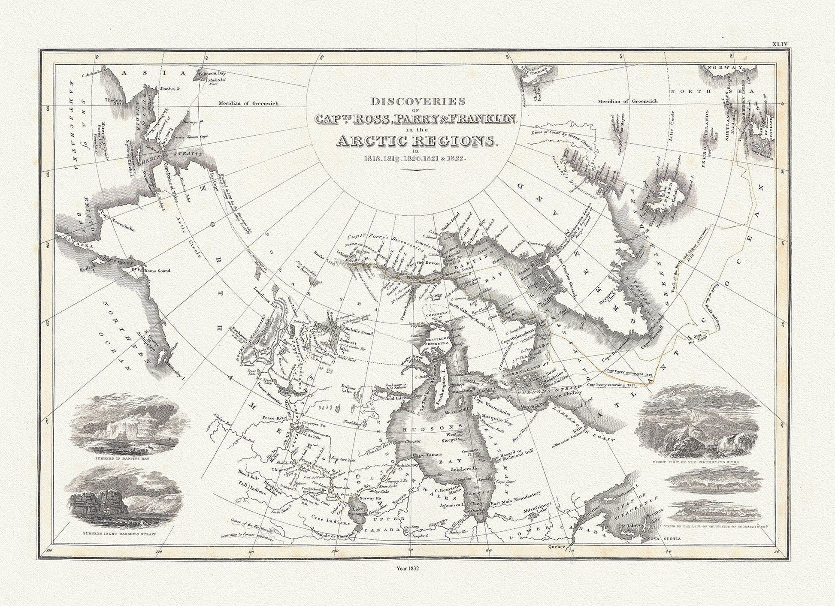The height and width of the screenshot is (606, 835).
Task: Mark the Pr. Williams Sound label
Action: tap(150, 271)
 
